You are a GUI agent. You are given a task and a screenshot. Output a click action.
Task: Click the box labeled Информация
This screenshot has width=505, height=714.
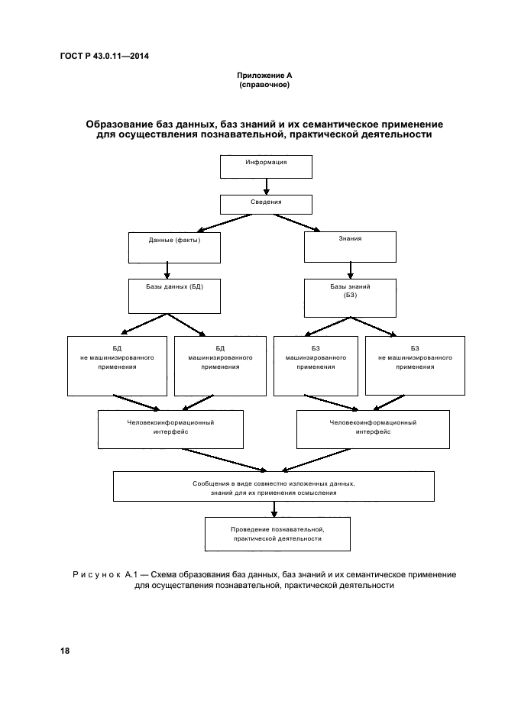(266, 166)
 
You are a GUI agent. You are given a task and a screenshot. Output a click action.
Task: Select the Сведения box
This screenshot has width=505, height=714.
(266, 205)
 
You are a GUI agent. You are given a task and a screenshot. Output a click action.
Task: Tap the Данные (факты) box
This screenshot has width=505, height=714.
(174, 247)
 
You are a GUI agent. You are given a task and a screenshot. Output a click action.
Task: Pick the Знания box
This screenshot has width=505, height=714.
(350, 247)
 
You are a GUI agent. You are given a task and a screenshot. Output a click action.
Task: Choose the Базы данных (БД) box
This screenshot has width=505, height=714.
(174, 295)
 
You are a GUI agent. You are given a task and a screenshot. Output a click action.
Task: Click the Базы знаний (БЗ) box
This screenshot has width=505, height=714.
(350, 295)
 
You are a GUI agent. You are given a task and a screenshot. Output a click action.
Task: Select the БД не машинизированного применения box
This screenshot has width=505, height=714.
(117, 365)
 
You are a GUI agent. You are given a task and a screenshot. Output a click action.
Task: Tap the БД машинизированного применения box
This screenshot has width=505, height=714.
(220, 365)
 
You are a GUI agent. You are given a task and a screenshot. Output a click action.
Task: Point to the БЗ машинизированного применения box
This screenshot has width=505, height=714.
(312, 365)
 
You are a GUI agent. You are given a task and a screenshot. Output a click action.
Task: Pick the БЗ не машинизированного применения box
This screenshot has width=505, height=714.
(415, 365)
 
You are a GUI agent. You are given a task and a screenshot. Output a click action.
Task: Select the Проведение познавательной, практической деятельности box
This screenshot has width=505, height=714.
(277, 534)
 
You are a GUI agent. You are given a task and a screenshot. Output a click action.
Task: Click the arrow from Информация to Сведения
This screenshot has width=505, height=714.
(266, 186)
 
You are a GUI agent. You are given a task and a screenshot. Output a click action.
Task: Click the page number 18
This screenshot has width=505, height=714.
(64, 651)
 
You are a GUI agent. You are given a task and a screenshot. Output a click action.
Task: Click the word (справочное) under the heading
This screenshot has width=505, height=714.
(264, 85)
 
